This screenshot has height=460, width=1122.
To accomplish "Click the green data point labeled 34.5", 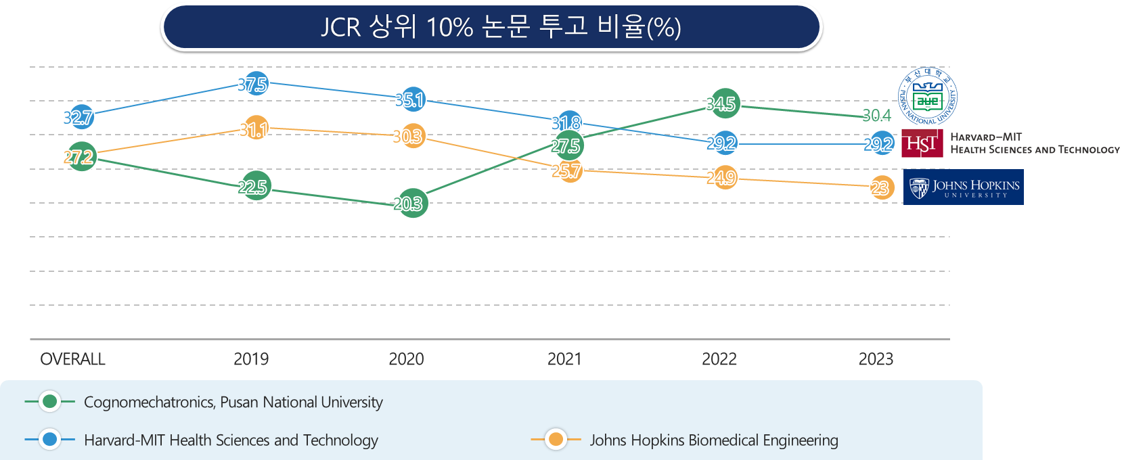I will [x=724, y=103].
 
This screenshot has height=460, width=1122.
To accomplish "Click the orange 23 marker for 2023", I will [x=882, y=187].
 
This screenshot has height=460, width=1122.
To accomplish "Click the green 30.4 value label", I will [x=876, y=116].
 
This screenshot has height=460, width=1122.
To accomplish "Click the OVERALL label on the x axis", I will [x=73, y=359].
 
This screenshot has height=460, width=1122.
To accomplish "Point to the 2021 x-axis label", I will [x=564, y=359].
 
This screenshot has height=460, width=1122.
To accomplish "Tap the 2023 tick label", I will [x=876, y=359].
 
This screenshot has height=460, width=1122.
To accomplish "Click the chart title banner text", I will [x=501, y=27].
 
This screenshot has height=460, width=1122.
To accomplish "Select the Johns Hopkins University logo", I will [x=964, y=187].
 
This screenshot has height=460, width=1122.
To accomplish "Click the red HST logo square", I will [x=922, y=143].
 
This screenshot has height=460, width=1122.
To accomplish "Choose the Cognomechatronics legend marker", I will [x=49, y=402].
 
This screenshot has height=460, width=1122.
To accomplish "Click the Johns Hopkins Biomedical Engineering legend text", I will [x=714, y=440].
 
